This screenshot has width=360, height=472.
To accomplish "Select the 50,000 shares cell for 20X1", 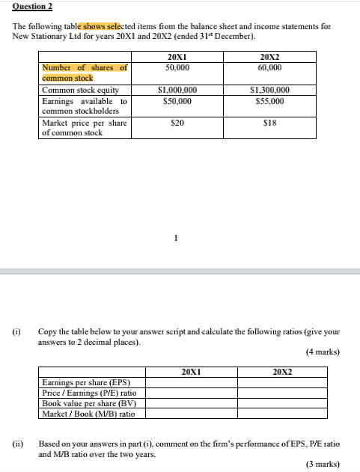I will coord(177,67).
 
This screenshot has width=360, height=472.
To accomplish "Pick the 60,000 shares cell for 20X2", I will coord(270,67).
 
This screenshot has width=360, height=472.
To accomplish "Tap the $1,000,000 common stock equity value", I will coord(177,91).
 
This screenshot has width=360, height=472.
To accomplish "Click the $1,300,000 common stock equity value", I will coord(270,91).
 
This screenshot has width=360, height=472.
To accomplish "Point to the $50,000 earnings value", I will coord(177,100).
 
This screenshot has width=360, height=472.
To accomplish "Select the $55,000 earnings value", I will coord(270,100).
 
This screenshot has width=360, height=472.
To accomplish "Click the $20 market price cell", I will coord(177,123).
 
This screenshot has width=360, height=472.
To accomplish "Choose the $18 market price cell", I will coord(270,123).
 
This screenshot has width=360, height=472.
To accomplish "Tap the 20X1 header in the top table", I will coord(177,57).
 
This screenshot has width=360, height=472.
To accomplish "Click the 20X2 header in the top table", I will coord(270,57).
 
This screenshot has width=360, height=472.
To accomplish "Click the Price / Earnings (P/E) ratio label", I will coord(84,393).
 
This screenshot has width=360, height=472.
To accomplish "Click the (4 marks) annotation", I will coord(323,352).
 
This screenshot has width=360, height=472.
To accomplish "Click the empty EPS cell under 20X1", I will coord(191,383).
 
